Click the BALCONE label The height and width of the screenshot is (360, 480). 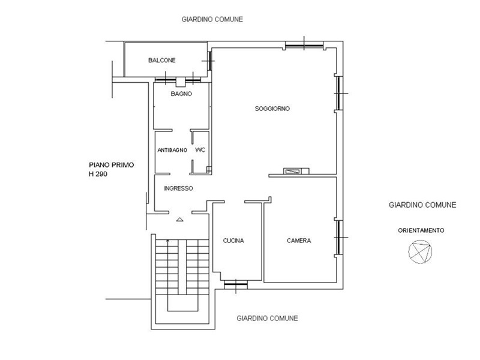click(x=161, y=61)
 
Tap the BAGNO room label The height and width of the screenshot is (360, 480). click(x=181, y=94)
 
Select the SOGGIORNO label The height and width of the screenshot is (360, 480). click(x=272, y=109)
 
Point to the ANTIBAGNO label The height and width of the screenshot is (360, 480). click(x=172, y=151)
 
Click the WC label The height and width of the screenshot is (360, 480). click(x=200, y=150)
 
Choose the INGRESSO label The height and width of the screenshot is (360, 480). click(x=178, y=188)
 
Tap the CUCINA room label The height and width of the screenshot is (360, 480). click(x=233, y=241)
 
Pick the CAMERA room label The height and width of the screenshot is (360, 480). click(x=299, y=241)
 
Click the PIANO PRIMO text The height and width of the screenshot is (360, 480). click(x=112, y=165)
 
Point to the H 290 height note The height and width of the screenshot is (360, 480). click(x=98, y=175)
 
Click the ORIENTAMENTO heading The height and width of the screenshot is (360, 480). click(x=421, y=230)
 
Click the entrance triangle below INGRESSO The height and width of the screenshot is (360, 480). click(x=179, y=219)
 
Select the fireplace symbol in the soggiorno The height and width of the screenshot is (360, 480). click(x=296, y=171)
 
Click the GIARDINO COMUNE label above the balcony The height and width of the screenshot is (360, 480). click(x=212, y=20)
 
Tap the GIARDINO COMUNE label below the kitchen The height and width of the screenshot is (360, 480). click(x=267, y=319)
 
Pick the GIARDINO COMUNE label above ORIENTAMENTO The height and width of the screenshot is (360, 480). click(x=422, y=205)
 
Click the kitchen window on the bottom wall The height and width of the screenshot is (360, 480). click(x=236, y=286)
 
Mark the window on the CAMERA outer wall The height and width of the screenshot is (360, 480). click(x=339, y=237)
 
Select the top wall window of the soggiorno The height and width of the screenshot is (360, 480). click(x=304, y=46)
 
